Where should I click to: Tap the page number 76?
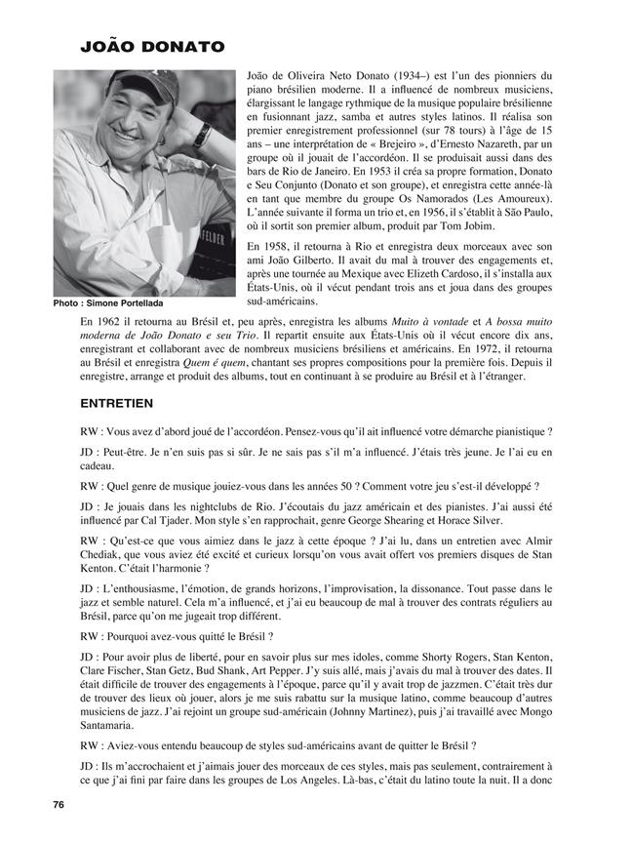pyautogui.click(x=59, y=803)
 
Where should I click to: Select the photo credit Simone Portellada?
pyautogui.click(x=108, y=303)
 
